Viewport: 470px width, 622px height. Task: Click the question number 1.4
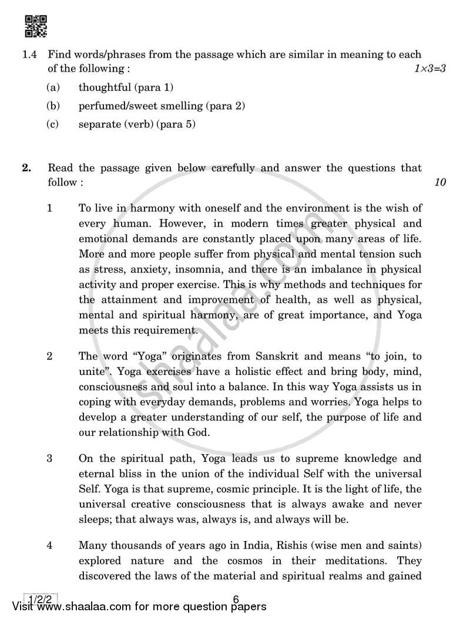pos(30,54)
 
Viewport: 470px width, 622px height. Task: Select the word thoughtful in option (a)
pos(105,87)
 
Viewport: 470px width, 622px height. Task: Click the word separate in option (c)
pos(98,124)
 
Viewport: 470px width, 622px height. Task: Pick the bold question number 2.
pos(26,168)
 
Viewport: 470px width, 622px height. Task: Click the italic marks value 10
pos(440,182)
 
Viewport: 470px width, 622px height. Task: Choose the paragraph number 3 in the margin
pos(50,458)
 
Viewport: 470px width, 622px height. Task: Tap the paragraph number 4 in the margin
pos(50,545)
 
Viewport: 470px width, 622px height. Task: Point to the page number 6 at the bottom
pos(236,600)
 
